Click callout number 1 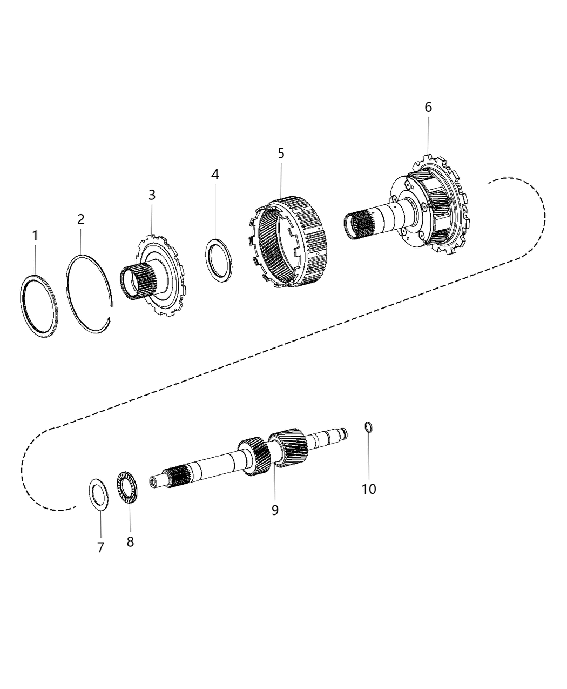(36, 236)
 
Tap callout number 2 (80, 219)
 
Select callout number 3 (152, 195)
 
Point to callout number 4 (215, 174)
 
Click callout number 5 (281, 153)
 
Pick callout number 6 (428, 107)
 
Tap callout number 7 (100, 547)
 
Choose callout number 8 (130, 541)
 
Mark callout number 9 (275, 510)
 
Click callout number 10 (369, 489)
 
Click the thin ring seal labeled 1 (39, 306)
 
